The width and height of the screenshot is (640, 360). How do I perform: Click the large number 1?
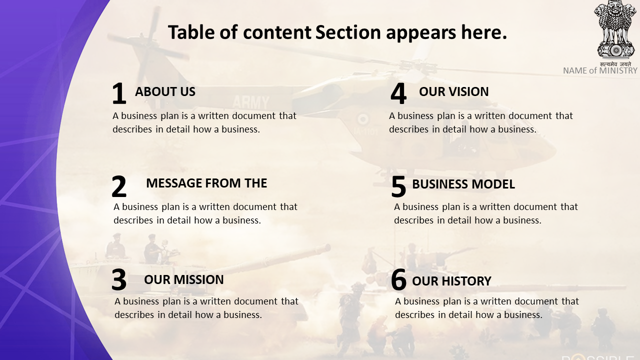point(119,93)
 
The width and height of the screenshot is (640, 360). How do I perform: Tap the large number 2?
point(119,186)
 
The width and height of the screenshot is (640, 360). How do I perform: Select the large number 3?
point(119,279)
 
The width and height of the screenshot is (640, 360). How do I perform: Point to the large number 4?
point(398,93)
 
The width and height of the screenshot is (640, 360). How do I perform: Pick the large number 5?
point(398,186)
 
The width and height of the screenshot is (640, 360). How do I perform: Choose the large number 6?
point(398,279)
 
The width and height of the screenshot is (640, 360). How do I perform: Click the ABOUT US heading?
point(165,91)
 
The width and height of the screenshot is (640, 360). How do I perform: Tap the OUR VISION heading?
point(453,91)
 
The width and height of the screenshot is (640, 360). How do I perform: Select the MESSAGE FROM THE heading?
point(206,183)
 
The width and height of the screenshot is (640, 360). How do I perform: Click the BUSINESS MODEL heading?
point(463,184)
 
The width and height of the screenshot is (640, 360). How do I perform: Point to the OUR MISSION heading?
point(183,279)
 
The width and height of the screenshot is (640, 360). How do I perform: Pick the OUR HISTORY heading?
point(451,281)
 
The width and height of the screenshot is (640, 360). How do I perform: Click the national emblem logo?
point(616,29)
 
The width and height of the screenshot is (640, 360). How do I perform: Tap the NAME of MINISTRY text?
point(600,70)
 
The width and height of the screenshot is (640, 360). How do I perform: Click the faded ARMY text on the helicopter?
point(251,102)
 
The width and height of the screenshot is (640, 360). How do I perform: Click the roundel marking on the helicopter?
point(363,119)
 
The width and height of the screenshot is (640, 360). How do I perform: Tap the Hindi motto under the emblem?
point(615,64)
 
